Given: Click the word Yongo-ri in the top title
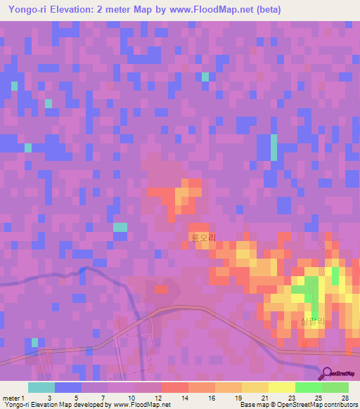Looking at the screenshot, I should click(25, 10).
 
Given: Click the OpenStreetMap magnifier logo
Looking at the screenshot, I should click(328, 373).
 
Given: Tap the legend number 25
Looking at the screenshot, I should click(320, 398).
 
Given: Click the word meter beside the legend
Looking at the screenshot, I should click(12, 398).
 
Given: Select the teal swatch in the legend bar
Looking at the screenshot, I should click(41, 387).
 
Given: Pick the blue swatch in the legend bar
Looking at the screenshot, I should click(67, 387).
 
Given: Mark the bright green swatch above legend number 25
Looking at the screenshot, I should click(308, 387).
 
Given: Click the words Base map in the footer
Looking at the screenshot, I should click(253, 405).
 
